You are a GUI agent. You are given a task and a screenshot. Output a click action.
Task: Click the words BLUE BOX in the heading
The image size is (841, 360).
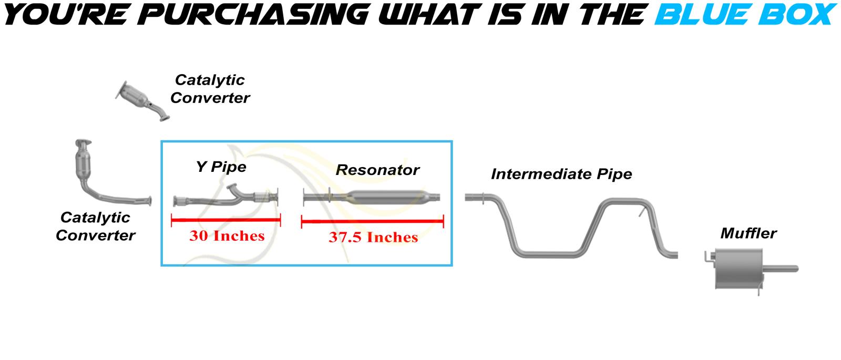coord(745,15)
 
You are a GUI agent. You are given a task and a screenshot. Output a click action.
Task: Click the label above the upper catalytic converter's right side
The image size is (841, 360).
coord(210,89)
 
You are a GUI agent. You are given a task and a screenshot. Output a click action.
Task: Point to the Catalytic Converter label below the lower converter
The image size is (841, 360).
coord(95,227)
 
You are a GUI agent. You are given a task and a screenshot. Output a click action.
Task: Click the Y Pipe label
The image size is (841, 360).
coord(221,167)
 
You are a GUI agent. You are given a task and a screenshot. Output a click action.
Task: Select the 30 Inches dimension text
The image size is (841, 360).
coord(227,236)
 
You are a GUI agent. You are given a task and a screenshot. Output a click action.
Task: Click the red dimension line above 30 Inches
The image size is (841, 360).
coord(225,220)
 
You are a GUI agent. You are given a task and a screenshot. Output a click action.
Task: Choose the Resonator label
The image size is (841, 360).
coord(377,170)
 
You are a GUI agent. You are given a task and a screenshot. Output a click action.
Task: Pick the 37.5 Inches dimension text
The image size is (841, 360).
coord(373,237)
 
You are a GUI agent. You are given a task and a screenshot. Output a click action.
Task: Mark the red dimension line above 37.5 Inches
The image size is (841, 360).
coord(373,221)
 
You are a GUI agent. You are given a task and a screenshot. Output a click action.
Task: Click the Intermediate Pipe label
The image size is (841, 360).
coord(561,174)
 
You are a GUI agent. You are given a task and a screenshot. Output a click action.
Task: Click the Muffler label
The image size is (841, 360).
coord(748,233)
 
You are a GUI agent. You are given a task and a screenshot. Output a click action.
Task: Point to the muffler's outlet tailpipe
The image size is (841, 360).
coord(781,269)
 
